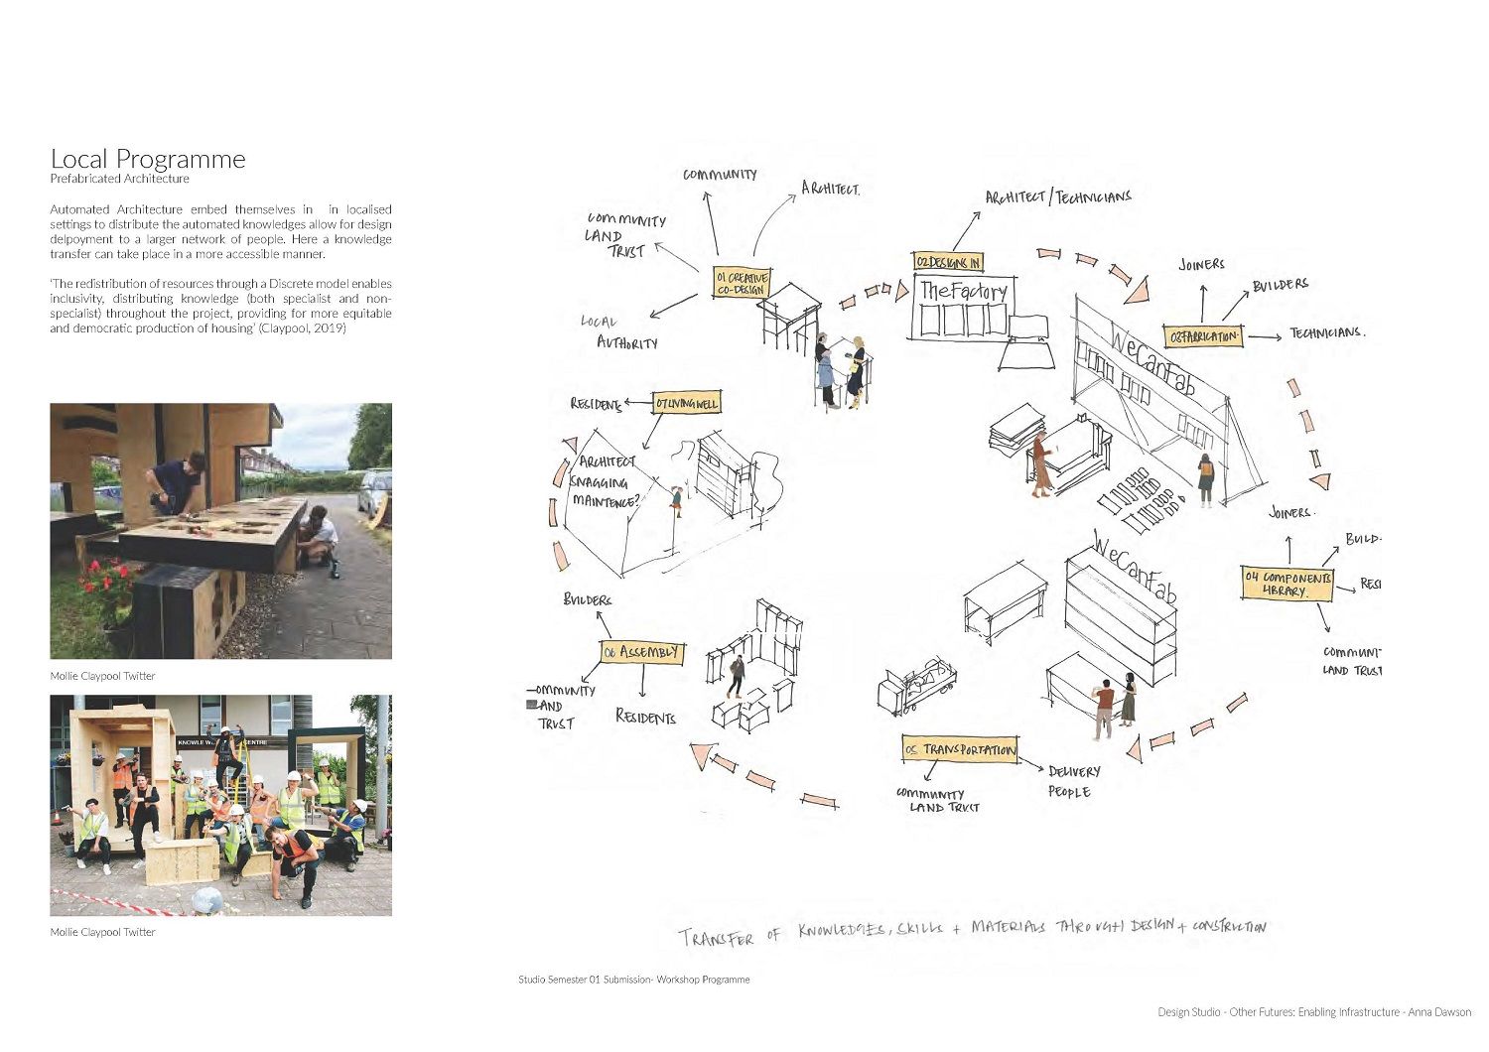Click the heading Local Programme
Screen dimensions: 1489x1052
point(148,159)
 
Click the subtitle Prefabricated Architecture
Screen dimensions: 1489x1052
point(119,179)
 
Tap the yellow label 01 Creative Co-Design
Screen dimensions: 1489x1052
point(742,284)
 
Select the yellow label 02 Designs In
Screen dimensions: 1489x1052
point(948,262)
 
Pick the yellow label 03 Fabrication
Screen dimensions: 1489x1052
point(1203,336)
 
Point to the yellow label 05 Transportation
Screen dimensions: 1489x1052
point(960,749)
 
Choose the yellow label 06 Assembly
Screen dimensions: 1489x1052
point(642,652)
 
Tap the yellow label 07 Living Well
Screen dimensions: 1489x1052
point(685,404)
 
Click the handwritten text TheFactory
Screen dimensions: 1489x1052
point(963,291)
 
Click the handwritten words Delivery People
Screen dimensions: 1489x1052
point(1073,781)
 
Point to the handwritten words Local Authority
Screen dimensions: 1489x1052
point(619,332)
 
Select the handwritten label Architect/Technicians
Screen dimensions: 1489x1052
point(1057,197)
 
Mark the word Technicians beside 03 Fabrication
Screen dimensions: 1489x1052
point(1327,332)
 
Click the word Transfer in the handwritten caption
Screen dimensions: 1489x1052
point(716,937)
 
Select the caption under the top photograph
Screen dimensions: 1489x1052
point(102,676)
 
